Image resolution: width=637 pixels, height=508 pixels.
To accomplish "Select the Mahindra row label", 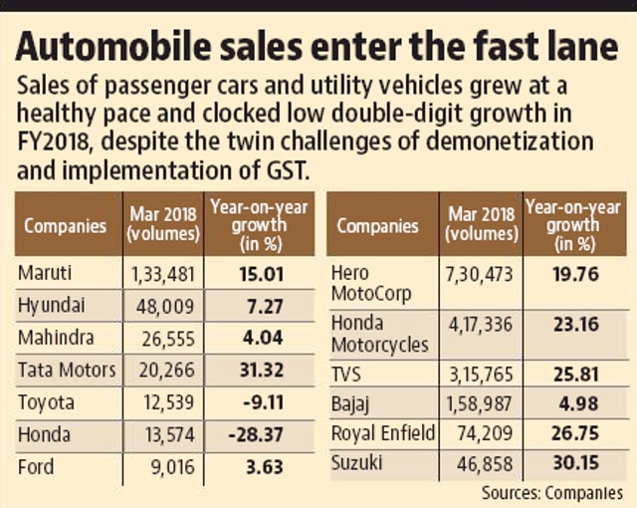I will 57,338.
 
